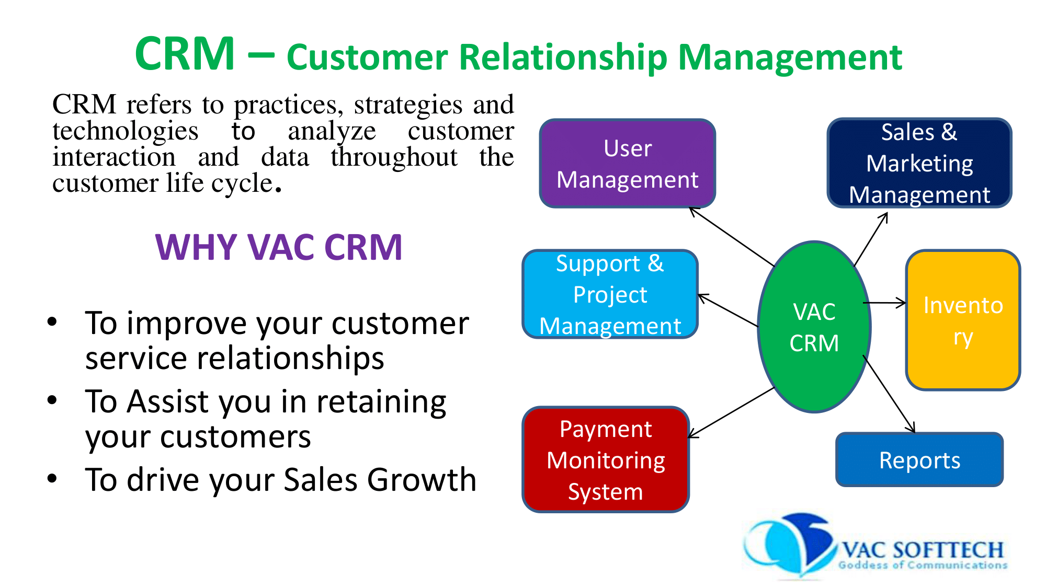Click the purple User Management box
point(627,163)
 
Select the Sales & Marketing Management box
point(919,163)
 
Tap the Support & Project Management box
point(610,294)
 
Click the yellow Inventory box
point(962,320)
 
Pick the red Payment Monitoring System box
point(605,460)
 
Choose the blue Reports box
point(919,460)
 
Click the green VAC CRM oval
point(814,327)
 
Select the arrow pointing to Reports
point(889,395)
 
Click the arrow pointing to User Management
point(732,237)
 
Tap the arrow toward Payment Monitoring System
point(732,412)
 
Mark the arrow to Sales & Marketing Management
point(871,239)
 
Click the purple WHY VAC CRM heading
point(279,247)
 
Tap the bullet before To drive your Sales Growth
point(52,478)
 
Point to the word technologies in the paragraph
point(126,131)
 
